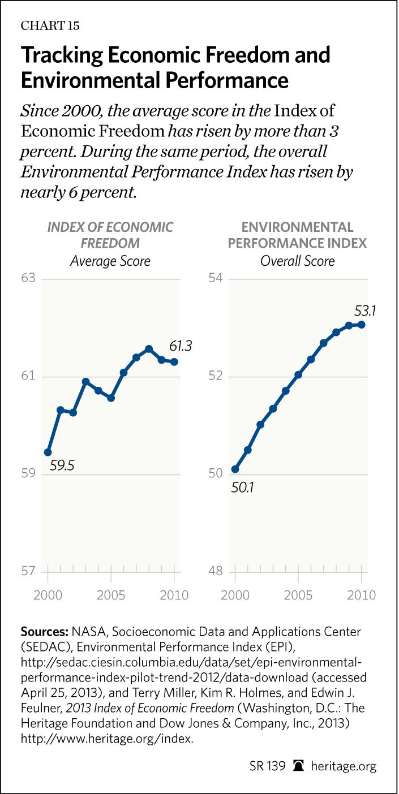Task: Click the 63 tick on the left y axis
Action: pos(29,279)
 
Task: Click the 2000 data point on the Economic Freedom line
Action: pos(48,452)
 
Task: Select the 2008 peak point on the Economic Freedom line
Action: pos(149,349)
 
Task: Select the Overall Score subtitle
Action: pos(297,261)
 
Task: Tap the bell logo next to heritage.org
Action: pos(298,767)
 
